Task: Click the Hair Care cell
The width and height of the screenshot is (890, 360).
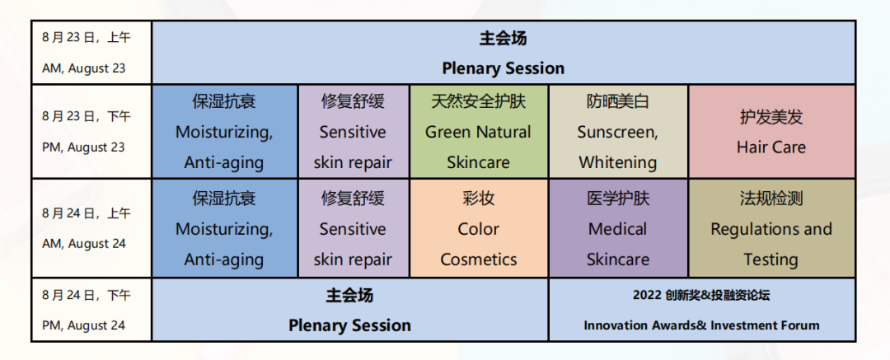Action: (x=771, y=132)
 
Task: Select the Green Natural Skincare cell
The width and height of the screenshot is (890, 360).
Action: (x=479, y=132)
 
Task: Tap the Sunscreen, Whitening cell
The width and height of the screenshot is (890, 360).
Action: (x=618, y=132)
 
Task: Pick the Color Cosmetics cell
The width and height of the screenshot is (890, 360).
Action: (x=479, y=228)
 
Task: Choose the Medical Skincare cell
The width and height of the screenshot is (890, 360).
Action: (x=618, y=228)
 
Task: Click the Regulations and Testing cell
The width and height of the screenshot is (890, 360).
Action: (x=771, y=228)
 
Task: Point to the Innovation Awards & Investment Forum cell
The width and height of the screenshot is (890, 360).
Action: (x=701, y=310)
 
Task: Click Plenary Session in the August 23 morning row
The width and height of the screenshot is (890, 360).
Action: (x=504, y=68)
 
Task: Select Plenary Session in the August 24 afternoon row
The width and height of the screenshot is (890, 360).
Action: (x=349, y=325)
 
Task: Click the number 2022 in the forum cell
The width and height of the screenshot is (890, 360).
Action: (x=647, y=295)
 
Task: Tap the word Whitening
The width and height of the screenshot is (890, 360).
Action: (x=618, y=162)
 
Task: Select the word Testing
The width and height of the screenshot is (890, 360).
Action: (x=771, y=259)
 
